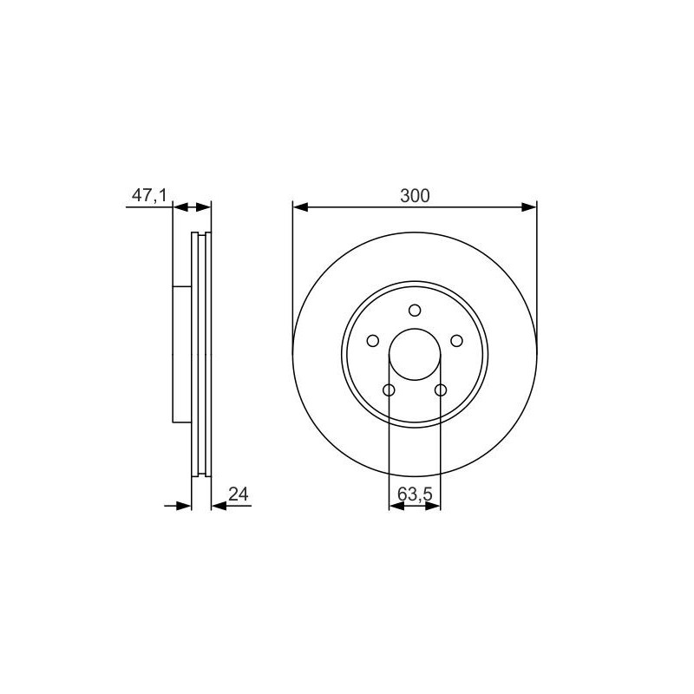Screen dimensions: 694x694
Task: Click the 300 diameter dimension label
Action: pos(415,195)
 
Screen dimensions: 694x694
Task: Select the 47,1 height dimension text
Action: pos(149,194)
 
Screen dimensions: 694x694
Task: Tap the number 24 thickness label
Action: pos(239,494)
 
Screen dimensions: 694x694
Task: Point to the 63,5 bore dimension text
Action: pos(415,494)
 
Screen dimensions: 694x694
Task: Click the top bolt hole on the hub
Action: pos(415,311)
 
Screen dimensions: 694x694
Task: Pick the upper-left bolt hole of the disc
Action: pos(373,341)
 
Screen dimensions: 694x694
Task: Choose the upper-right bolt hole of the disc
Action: pos(456,341)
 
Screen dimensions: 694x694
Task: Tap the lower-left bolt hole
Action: pos(389,390)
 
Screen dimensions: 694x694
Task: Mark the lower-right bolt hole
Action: pos(441,390)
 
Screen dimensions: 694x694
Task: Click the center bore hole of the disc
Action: pos(415,354)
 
